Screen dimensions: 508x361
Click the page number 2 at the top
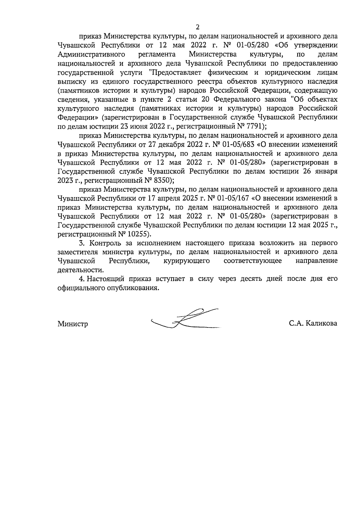pyautogui.click(x=198, y=27)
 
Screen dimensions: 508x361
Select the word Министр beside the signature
pyautogui.click(x=73, y=324)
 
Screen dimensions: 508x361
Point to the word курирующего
pyautogui.click(x=187, y=261)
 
